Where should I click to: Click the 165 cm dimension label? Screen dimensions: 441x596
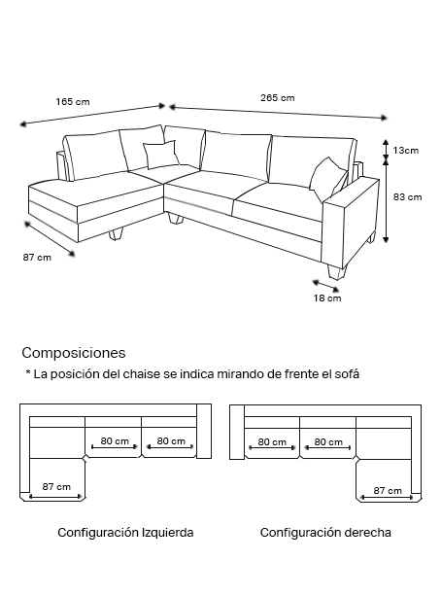[73, 102]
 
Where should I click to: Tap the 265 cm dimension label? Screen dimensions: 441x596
[277, 98]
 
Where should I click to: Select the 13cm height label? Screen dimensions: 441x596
[406, 151]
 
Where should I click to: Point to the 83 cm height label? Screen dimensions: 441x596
[407, 197]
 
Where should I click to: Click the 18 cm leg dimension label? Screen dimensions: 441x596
[327, 298]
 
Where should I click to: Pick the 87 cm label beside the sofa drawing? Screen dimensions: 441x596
[37, 258]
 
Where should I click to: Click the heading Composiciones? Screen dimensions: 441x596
[74, 353]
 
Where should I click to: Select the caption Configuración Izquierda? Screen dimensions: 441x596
[125, 533]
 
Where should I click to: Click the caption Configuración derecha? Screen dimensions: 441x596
[325, 533]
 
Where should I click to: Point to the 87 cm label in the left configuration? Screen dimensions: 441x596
[56, 487]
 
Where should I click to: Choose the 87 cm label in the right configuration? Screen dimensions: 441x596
[388, 491]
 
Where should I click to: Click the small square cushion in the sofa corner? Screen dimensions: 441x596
[160, 154]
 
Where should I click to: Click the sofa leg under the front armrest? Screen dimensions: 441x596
[336, 272]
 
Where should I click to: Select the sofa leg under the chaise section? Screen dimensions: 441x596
[116, 234]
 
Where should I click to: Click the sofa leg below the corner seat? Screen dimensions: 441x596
[175, 218]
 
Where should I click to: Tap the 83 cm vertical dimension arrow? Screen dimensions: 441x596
[386, 200]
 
